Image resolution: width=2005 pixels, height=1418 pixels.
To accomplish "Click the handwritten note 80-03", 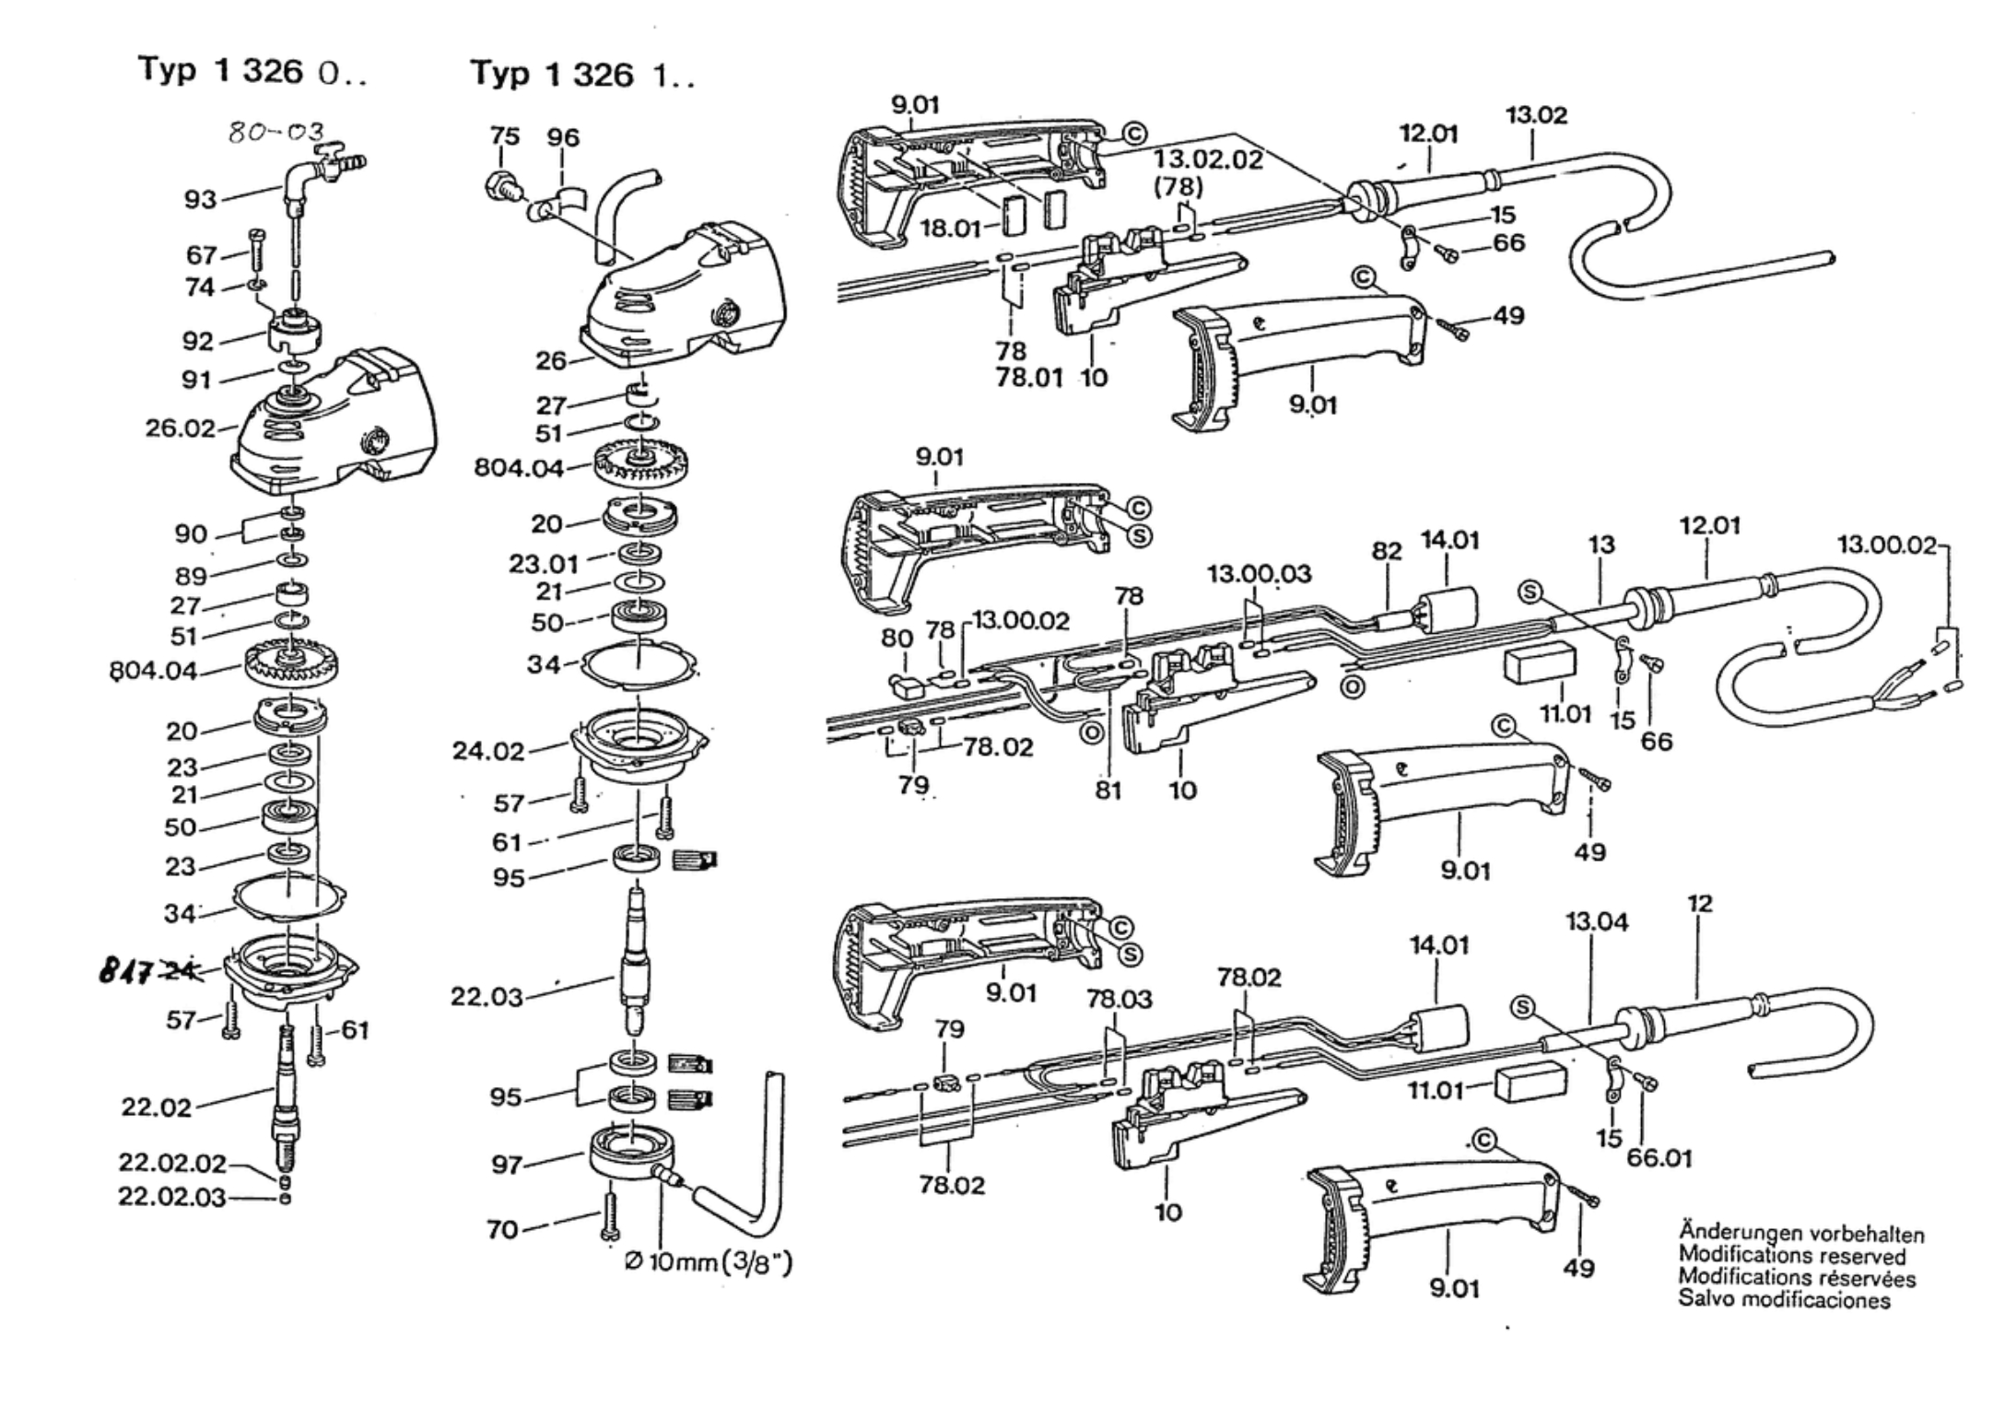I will point(276,134).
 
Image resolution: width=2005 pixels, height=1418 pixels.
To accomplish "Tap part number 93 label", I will point(200,199).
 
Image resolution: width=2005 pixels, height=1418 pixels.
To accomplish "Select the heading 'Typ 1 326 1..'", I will point(583,74).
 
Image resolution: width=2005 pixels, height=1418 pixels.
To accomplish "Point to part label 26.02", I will point(180,428).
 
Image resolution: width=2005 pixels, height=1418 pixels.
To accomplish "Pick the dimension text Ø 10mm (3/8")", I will point(708,1261).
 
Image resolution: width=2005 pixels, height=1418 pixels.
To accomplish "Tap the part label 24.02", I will point(488,751).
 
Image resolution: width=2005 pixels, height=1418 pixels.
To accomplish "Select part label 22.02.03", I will point(171,1197).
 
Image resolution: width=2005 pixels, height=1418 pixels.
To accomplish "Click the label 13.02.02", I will point(1208,158).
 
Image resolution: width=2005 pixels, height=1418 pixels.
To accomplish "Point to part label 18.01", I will point(950,228).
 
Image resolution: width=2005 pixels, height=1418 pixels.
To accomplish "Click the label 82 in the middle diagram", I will point(1386,551).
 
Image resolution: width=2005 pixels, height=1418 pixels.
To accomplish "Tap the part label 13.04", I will point(1597,920).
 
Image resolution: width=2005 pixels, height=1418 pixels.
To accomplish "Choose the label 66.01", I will point(1659,1157).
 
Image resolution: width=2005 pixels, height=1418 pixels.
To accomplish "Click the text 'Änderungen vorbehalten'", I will point(1800,1233).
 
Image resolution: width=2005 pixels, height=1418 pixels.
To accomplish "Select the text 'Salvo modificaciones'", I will point(1784,1300).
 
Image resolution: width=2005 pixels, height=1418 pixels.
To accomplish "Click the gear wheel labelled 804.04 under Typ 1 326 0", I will point(293,661).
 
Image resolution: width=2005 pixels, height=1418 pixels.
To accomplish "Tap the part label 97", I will point(506,1165).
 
